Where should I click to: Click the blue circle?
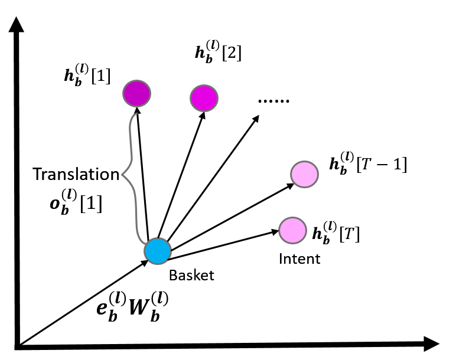(158, 251)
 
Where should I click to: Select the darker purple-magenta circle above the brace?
(136, 93)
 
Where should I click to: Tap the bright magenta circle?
(204, 98)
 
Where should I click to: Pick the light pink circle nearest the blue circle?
(292, 230)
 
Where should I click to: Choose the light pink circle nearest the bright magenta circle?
(304, 174)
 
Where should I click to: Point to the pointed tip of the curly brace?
(122, 175)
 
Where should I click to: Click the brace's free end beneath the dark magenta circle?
(136, 114)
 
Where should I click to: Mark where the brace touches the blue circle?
(145, 243)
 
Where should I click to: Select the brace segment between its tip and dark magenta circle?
(131, 142)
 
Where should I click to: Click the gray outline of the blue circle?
(171, 251)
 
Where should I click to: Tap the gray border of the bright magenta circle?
(217, 98)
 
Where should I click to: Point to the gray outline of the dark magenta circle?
(150, 93)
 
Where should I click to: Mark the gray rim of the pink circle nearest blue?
(306, 230)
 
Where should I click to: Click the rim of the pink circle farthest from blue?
(318, 174)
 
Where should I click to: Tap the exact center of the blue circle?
(158, 251)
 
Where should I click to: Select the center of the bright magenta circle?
(204, 98)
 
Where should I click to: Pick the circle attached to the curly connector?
(158, 251)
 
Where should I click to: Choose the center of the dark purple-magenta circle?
(136, 93)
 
